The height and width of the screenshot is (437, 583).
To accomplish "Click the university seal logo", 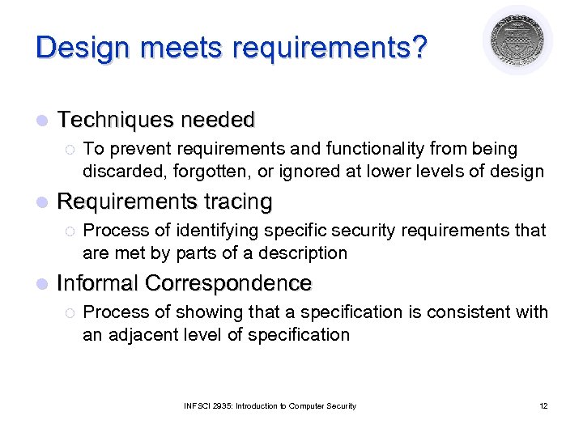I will pyautogui.click(x=517, y=40).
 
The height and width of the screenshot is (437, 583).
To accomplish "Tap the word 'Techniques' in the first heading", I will pyautogui.click(x=116, y=121).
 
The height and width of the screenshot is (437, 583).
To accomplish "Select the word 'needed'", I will pyautogui.click(x=218, y=121).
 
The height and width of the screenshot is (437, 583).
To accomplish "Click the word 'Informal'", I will pyautogui.click(x=97, y=283).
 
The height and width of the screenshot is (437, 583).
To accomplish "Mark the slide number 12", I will pyautogui.click(x=543, y=405).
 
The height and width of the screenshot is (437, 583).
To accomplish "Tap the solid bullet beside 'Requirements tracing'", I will pyautogui.click(x=41, y=202).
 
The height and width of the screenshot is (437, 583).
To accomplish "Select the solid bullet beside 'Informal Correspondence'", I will pyautogui.click(x=41, y=284).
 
